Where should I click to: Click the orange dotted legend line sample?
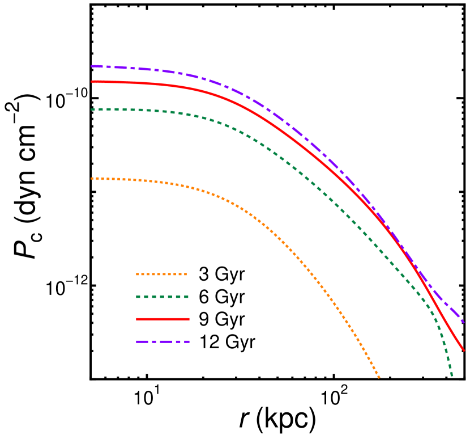pyautogui.click(x=161, y=275)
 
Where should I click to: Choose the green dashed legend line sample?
pyautogui.click(x=163, y=297)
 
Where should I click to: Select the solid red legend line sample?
pyautogui.click(x=163, y=319)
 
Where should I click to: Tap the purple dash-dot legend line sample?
pyautogui.click(x=163, y=342)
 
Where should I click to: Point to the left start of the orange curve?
pyautogui.click(x=92, y=178)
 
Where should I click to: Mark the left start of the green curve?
pyautogui.click(x=92, y=109)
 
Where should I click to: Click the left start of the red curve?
pyautogui.click(x=92, y=82)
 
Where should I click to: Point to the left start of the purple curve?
pyautogui.click(x=92, y=66)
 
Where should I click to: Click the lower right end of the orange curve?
pyautogui.click(x=379, y=377)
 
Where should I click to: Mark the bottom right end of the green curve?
pyautogui.click(x=452, y=375)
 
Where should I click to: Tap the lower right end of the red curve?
pyautogui.click(x=463, y=350)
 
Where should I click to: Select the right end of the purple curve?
pyautogui.click(x=464, y=322)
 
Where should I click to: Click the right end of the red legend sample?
pyautogui.click(x=189, y=319)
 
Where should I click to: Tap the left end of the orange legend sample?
pyautogui.click(x=136, y=275)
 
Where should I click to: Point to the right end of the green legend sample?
pyautogui.click(x=188, y=297)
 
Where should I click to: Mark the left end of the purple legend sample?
pyautogui.click(x=136, y=342)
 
